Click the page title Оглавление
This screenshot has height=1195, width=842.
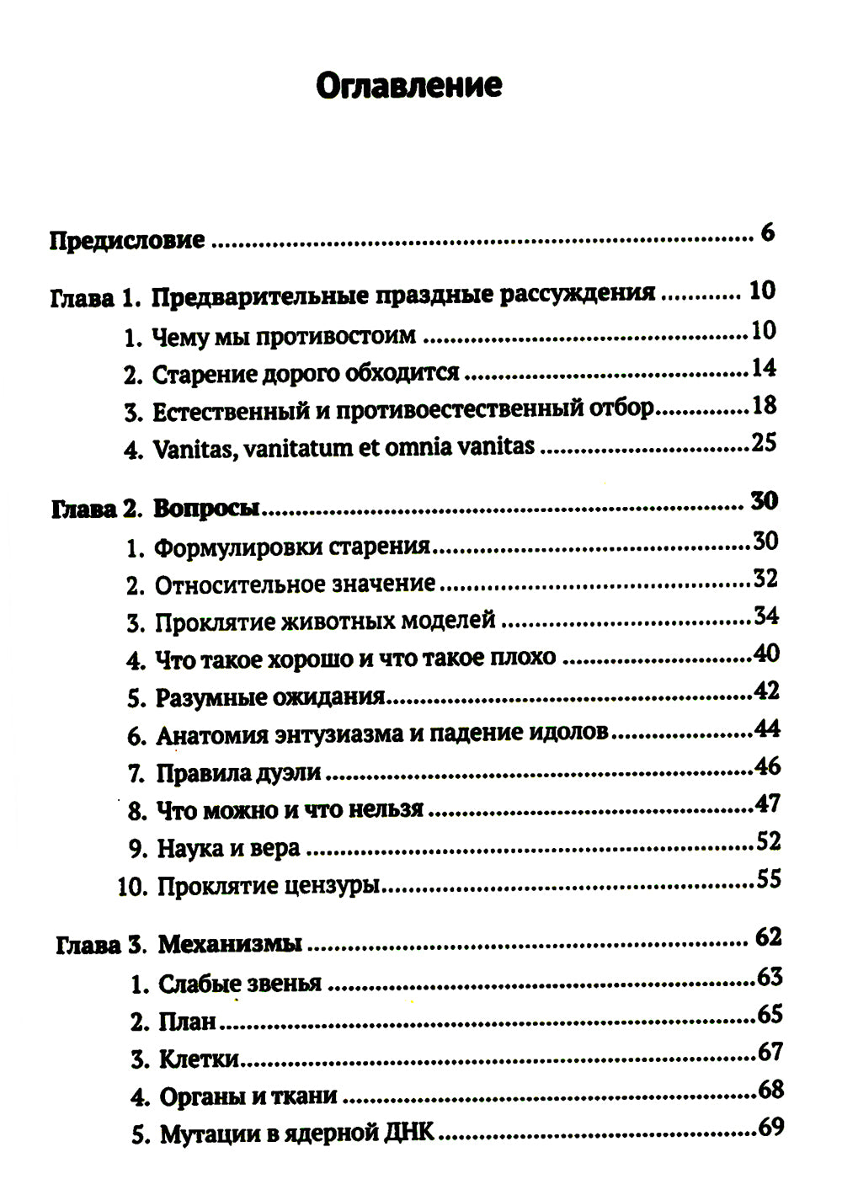coord(408,85)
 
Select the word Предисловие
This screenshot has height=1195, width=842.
coord(126,240)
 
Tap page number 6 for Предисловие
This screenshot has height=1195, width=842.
coord(766,232)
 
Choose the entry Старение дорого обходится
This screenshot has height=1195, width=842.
coord(305,372)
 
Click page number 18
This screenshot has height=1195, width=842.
coord(764,406)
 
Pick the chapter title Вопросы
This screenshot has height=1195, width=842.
coord(206,509)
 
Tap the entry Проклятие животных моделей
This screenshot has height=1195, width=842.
coord(325,622)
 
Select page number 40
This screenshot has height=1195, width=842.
coord(766,654)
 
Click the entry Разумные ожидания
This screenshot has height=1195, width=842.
coord(270,697)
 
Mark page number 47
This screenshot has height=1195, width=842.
coord(767,803)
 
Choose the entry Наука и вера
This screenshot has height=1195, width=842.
coord(228,848)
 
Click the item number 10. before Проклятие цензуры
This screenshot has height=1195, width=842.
coord(133,887)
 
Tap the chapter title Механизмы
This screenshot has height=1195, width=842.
coord(230,944)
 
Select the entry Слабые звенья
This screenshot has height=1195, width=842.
coord(240,984)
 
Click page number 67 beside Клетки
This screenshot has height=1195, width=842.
coord(770,1052)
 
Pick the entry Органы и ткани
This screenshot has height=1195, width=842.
coord(248,1096)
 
